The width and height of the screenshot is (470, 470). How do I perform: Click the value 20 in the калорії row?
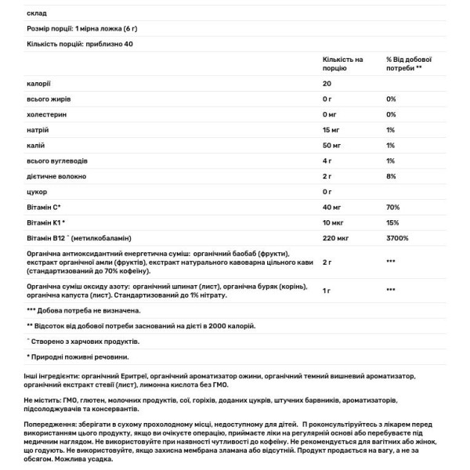coord(327,84)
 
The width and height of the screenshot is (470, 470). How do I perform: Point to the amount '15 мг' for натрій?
coord(332,129)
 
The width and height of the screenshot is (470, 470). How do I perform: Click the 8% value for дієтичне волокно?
coord(392,176)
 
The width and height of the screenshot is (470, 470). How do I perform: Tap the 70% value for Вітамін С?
coord(393,208)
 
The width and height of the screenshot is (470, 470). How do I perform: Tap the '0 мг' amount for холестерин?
coord(331,114)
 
